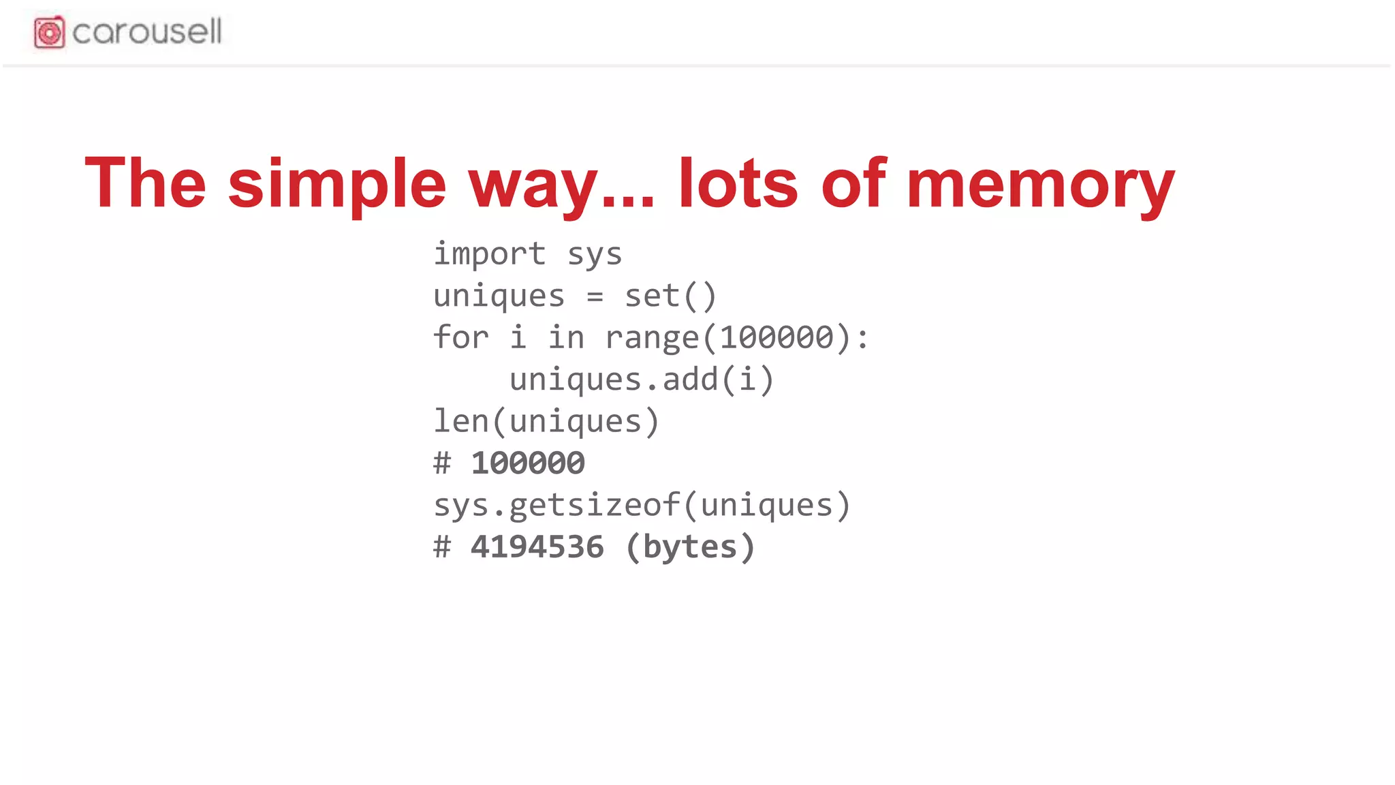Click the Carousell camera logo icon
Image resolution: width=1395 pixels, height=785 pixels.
point(49,32)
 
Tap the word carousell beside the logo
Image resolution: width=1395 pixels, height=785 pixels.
point(147,32)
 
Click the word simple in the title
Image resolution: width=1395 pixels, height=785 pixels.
point(336,183)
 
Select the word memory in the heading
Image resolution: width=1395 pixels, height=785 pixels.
point(1040,183)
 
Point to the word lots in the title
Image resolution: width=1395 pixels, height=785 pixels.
point(738,183)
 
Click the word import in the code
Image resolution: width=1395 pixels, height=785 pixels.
point(490,254)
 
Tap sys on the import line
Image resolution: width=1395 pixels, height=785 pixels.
point(595,254)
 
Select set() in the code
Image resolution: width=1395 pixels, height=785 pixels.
point(671,296)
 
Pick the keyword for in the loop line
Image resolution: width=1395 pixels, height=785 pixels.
point(461,337)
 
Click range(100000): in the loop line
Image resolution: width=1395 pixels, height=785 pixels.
point(737,338)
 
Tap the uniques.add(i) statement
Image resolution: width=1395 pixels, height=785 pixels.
point(642,380)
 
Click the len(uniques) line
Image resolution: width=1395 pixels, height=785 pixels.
point(546,421)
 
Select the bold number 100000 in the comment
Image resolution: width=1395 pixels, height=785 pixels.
point(528,463)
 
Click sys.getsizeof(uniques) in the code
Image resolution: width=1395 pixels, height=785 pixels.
point(642,506)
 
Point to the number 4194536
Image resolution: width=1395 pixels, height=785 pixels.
point(537,547)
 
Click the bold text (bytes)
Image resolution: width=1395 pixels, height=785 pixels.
point(690,547)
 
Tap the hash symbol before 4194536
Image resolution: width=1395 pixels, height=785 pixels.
point(442,547)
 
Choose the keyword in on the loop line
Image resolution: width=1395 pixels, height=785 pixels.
point(566,337)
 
